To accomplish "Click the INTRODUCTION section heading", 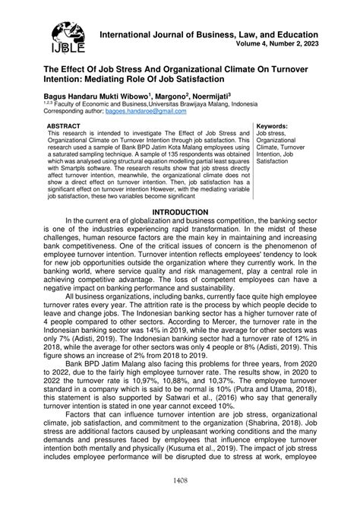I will (x=179, y=212).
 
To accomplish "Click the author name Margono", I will (x=172, y=97).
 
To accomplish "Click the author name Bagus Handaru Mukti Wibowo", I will (x=89, y=97).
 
